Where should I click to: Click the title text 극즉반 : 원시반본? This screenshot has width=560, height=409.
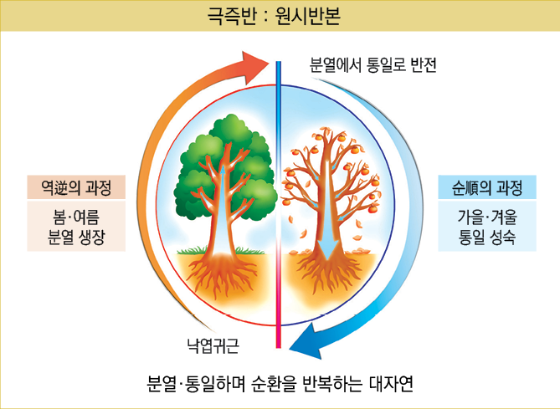pyautogui.click(x=280, y=17)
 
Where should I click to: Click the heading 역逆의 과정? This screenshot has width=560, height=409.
pyautogui.click(x=76, y=186)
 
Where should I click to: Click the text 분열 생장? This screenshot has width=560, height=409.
pyautogui.click(x=76, y=236)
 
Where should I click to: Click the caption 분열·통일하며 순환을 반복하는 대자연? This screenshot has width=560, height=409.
pyautogui.click(x=280, y=385)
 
